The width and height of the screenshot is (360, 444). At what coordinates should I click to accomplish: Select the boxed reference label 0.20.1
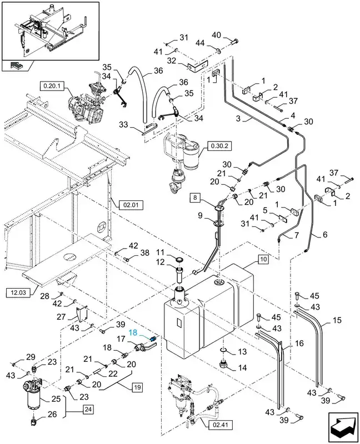coord(52,85)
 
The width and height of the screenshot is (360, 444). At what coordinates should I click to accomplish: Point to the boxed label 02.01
coord(131,204)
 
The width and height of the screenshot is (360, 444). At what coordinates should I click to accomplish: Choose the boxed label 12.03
coord(17,292)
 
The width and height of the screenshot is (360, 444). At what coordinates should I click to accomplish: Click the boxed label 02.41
coord(220,425)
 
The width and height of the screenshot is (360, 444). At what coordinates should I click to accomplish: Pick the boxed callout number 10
coord(263,259)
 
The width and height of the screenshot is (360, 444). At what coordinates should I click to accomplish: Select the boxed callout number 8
coord(195,198)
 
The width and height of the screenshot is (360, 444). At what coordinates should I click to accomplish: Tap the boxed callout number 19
coord(137,387)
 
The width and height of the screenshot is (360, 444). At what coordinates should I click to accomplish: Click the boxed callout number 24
coord(88,409)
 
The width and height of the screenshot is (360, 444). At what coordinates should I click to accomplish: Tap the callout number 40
coord(217,35)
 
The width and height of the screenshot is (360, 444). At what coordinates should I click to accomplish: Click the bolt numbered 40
coord(234,42)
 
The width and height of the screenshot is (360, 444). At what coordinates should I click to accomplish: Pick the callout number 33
coord(123,124)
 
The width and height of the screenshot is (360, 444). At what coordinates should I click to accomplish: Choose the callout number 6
coord(325,234)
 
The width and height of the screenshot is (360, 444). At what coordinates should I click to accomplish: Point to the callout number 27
coord(62,316)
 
